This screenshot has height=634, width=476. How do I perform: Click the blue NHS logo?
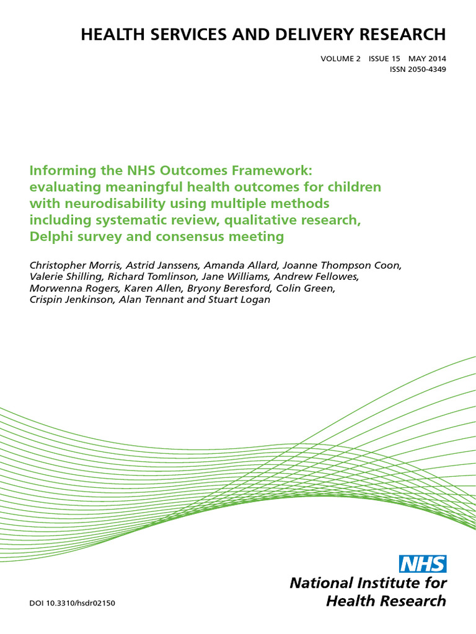click(423, 563)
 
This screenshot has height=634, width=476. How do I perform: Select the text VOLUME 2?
click(340, 59)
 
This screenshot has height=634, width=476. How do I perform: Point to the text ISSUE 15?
click(384, 59)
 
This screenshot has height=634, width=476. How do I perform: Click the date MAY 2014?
click(426, 59)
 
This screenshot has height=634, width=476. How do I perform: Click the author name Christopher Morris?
click(69, 266)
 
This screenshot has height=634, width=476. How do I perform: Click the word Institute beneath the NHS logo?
click(381, 583)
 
